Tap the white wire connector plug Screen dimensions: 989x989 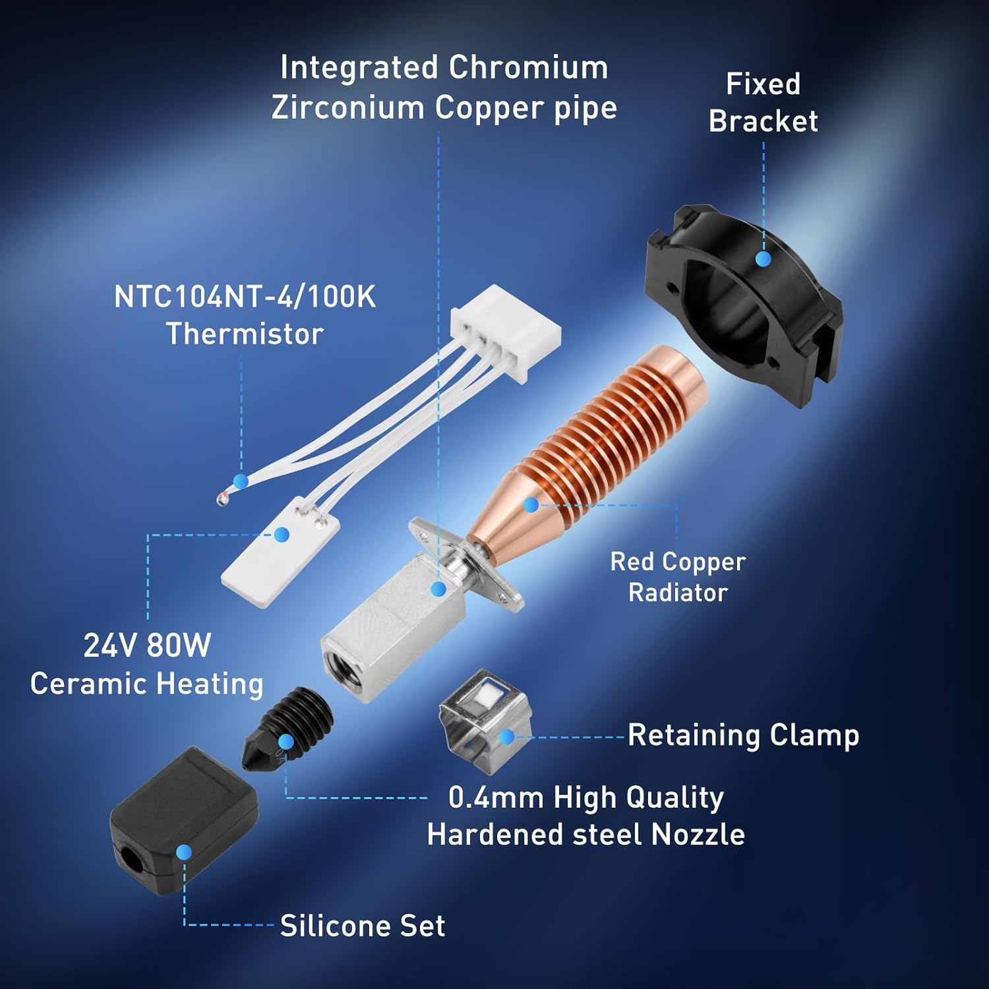(506, 327)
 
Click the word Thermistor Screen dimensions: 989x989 (245, 334)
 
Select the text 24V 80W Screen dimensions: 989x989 (147, 645)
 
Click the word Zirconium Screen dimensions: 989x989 (347, 107)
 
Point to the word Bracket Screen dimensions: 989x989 (764, 121)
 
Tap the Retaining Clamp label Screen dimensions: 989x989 (743, 735)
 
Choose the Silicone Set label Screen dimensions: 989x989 (363, 926)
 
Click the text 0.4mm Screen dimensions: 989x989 (496, 798)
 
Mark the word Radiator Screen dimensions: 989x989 (678, 592)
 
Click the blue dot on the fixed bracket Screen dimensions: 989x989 (763, 259)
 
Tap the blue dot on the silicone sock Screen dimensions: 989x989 (184, 853)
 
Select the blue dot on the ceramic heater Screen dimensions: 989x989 (282, 534)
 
